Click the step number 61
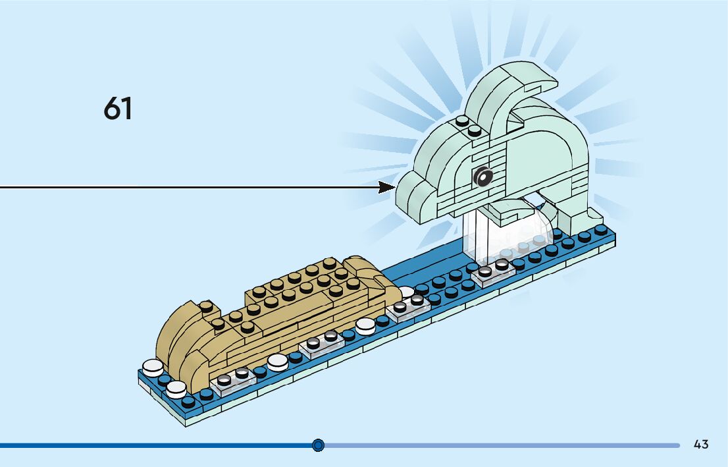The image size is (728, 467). [x=118, y=108]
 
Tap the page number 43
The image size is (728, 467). [x=701, y=445]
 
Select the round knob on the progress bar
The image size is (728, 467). [x=319, y=445]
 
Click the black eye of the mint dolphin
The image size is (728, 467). [x=483, y=176]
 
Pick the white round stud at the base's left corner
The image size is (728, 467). [x=153, y=366]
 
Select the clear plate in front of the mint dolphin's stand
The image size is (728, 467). [x=493, y=271]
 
